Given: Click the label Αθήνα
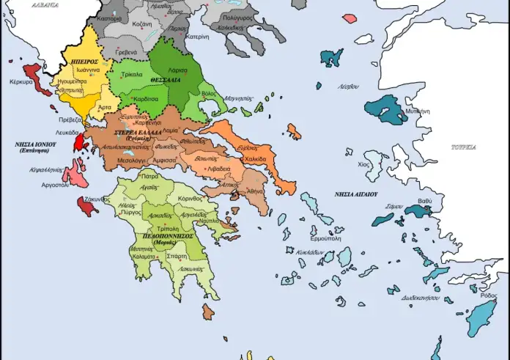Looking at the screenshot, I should click(255, 191).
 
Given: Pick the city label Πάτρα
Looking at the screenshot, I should click(151, 177).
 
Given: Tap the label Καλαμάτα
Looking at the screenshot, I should click(144, 257).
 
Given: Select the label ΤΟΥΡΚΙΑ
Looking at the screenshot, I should click(464, 147).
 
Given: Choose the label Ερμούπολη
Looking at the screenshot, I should click(325, 238).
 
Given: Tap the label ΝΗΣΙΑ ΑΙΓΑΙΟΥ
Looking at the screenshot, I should click(355, 194).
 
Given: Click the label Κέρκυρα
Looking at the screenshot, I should click(19, 82).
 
